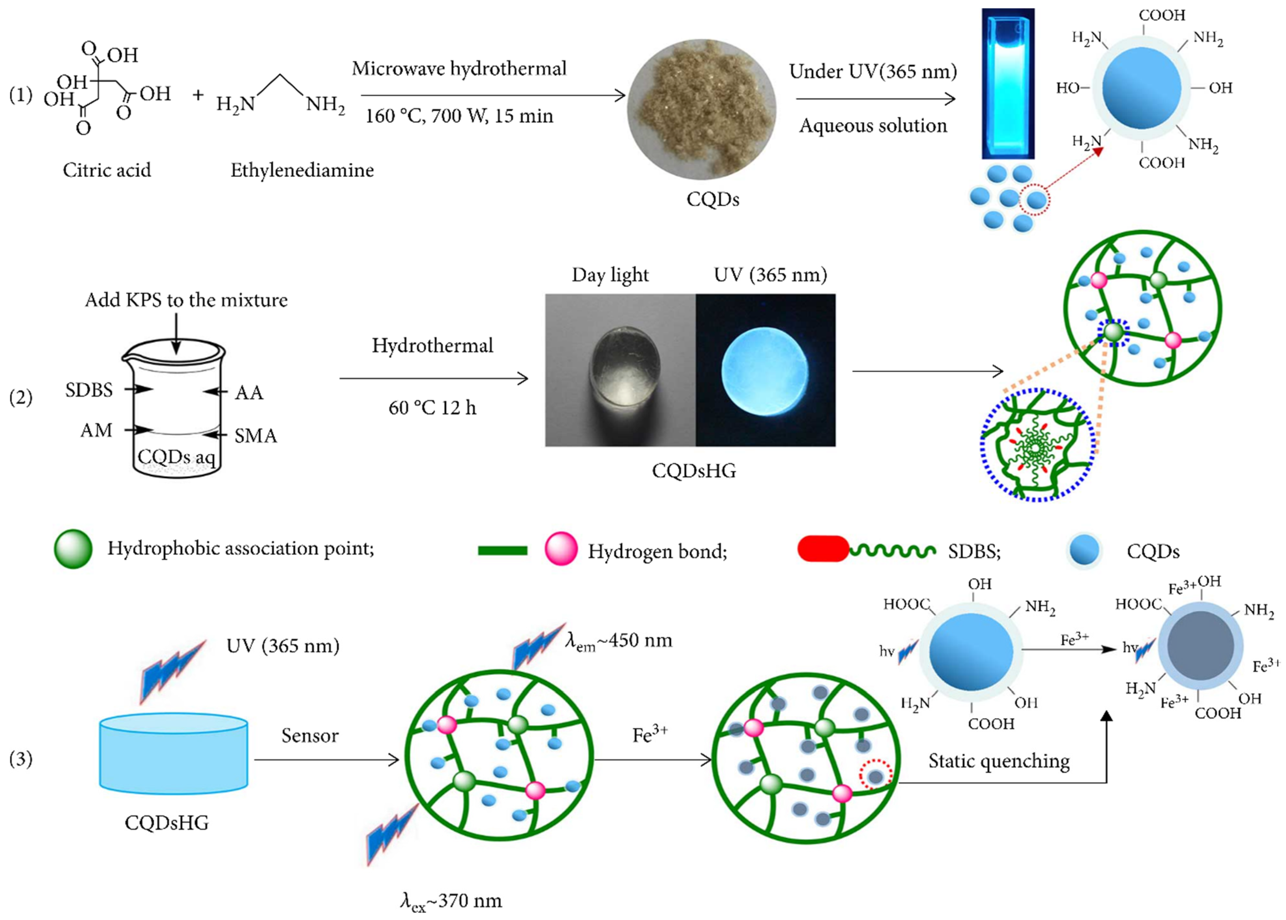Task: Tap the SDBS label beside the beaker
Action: [x=89, y=390]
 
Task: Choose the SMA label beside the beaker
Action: [x=256, y=436]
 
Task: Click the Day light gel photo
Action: [x=620, y=370]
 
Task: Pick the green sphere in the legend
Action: [x=73, y=548]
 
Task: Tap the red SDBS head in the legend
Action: [x=822, y=549]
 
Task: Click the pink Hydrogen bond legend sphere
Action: [x=561, y=549]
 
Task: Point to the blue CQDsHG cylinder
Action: [x=173, y=754]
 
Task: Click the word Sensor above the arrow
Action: [x=310, y=735]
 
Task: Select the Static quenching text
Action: [x=999, y=761]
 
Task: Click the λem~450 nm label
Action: [x=618, y=641]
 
